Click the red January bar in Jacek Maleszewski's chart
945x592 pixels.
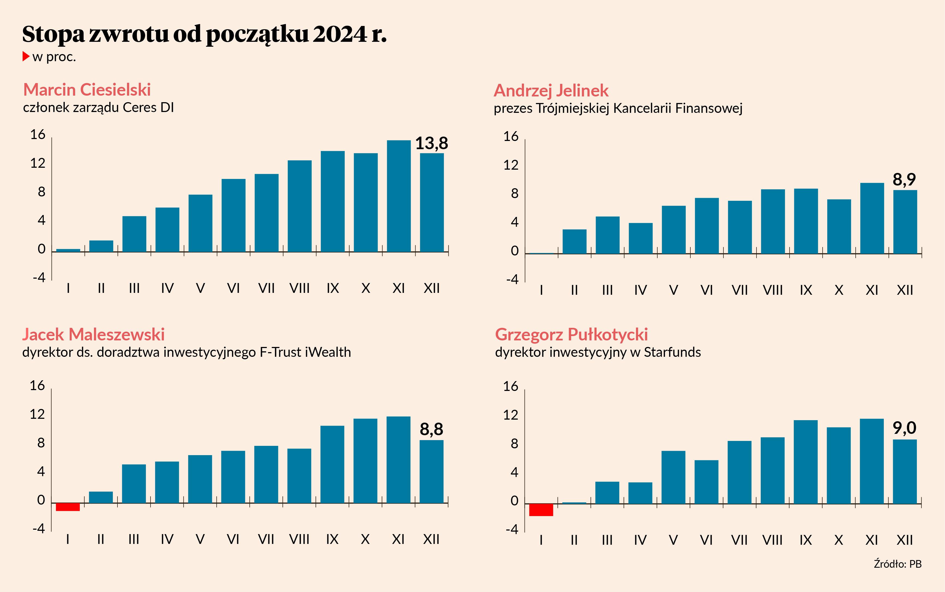click(x=68, y=507)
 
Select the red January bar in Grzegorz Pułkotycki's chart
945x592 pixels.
click(x=541, y=510)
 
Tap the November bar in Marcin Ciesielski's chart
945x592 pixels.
click(x=399, y=196)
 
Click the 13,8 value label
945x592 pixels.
click(x=431, y=143)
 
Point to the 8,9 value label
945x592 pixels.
click(x=904, y=180)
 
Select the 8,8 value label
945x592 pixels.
click(x=431, y=429)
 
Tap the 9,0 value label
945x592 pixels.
click(x=904, y=428)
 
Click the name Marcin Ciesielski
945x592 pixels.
click(x=87, y=90)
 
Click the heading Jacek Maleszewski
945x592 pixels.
click(x=93, y=334)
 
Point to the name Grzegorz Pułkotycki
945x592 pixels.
click(x=571, y=334)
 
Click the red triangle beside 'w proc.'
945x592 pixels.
click(x=26, y=56)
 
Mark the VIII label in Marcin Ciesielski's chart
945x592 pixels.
click(x=299, y=288)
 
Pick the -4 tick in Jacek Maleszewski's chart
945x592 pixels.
click(x=39, y=529)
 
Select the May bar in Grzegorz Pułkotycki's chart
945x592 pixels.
click(x=673, y=477)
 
